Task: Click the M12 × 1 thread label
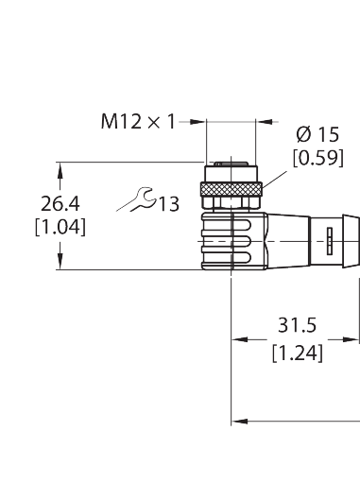coord(138,122)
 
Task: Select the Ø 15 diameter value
coord(317,134)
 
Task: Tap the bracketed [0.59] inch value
coord(317,158)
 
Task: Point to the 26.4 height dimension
coord(60,203)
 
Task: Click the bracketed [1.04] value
coord(60,227)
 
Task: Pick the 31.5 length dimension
coord(297,325)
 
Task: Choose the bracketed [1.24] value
coord(298,354)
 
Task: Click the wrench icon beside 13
coord(136,199)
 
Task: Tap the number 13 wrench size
coord(168,204)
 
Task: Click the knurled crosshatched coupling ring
coord(231,189)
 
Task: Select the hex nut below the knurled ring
coord(231,202)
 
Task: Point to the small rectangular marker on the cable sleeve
coord(330,241)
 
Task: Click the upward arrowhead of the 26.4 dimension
coord(60,171)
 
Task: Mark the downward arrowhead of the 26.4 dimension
coord(60,261)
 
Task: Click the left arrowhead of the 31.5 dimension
coord(240,339)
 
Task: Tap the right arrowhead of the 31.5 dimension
coord(351,339)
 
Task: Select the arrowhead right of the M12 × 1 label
coord(197,122)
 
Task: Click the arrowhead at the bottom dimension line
coord(240,422)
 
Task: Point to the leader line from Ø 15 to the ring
coord(274,181)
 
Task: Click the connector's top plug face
coord(231,164)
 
